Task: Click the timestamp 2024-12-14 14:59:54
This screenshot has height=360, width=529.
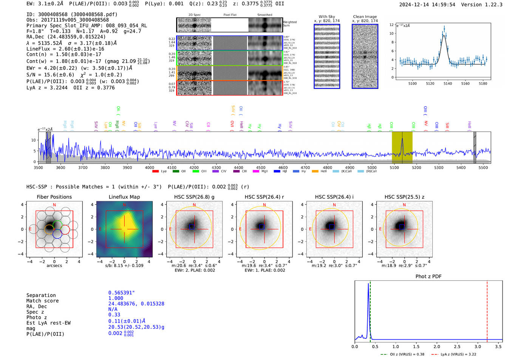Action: click(x=427, y=5)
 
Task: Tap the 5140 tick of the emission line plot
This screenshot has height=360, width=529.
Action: click(x=447, y=83)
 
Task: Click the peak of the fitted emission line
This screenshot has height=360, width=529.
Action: click(x=444, y=36)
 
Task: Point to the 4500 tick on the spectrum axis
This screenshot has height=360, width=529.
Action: click(x=261, y=167)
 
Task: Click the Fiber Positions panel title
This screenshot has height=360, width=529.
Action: click(x=54, y=197)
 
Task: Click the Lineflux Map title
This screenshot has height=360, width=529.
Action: click(x=124, y=197)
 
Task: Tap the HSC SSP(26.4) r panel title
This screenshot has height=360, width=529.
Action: click(x=264, y=197)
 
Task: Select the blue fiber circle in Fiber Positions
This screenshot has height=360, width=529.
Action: click(x=57, y=234)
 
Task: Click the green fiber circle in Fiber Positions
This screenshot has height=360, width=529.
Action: click(x=57, y=225)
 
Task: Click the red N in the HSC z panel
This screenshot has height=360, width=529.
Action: click(x=404, y=205)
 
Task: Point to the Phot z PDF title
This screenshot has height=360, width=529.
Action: click(x=428, y=277)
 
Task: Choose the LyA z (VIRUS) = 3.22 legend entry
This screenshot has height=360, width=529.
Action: click(x=458, y=354)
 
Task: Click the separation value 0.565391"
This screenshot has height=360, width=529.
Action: click(x=121, y=293)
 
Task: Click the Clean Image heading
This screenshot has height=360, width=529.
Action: click(x=365, y=17)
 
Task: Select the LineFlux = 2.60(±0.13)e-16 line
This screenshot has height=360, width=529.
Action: click(x=65, y=49)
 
